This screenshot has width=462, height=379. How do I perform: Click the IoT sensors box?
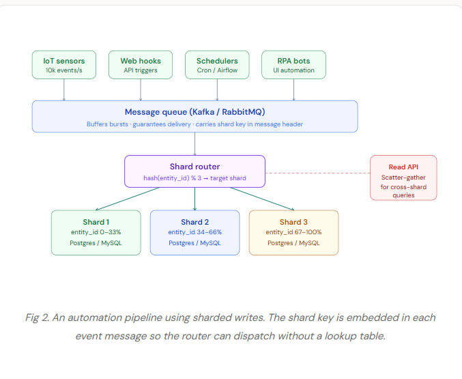[64, 65]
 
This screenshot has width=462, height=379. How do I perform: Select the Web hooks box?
[141, 65]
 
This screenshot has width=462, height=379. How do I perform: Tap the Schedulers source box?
[217, 65]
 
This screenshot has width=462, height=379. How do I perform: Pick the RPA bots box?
[293, 65]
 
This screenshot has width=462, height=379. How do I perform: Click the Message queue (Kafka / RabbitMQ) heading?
[194, 112]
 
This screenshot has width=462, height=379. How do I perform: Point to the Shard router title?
[194, 167]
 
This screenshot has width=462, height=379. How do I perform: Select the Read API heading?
[403, 167]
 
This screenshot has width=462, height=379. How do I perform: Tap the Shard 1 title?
[96, 222]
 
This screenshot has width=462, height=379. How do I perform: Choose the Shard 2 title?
[194, 222]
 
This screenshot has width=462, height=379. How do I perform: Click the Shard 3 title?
[293, 222]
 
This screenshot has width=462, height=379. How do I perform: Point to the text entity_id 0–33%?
[96, 232]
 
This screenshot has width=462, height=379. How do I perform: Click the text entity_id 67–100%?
[293, 232]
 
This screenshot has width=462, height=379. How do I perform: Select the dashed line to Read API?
[317, 173]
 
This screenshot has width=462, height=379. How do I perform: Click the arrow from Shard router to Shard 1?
[128, 199]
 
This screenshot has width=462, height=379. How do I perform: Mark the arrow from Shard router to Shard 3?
[262, 199]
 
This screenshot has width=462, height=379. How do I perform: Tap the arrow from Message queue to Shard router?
[194, 144]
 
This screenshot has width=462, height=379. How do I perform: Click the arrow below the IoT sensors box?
[64, 90]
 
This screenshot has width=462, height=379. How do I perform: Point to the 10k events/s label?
[64, 70]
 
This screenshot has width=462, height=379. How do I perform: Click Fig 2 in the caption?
[37, 318]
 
